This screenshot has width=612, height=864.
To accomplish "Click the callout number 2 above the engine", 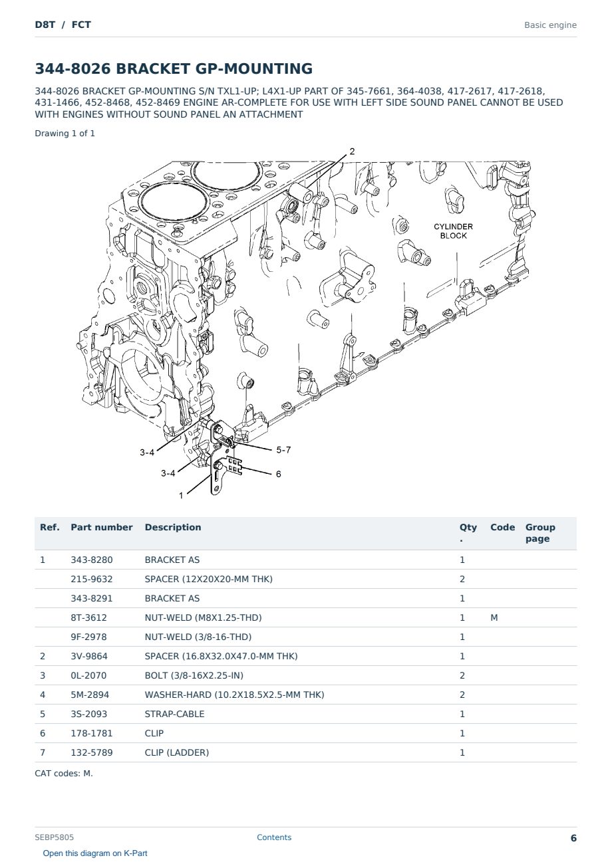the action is (352, 152).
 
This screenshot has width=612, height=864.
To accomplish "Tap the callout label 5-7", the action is (283, 450).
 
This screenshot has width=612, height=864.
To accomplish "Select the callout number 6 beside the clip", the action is (278, 474).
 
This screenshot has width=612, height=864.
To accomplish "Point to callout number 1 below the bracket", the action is (181, 495).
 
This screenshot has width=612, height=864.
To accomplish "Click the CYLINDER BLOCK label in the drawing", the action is (453, 231).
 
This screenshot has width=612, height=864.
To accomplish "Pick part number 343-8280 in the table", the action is (92, 560).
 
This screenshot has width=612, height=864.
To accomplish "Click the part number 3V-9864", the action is (89, 656).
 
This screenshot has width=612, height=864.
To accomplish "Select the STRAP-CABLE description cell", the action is (174, 714).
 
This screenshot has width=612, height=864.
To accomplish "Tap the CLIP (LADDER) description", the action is (177, 752).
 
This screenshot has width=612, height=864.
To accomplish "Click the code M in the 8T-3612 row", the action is (494, 617).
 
